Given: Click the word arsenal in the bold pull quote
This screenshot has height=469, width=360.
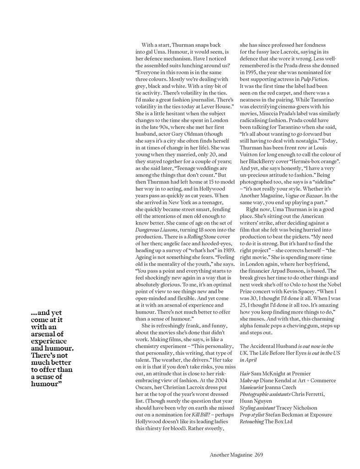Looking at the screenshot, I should tap(50, 334).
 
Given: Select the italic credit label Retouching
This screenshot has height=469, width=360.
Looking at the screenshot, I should tap(251, 421).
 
